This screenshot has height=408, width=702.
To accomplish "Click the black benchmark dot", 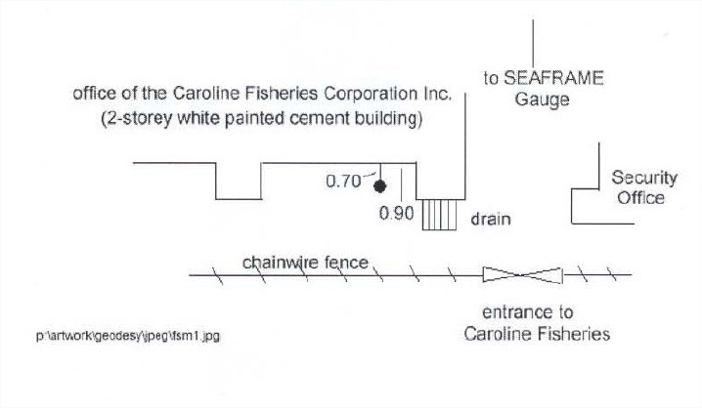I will coord(383,184).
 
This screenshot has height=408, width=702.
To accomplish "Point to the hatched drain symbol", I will coord(440,214).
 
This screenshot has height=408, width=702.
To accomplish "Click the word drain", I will coord(491,219).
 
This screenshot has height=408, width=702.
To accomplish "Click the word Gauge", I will coord(542,100).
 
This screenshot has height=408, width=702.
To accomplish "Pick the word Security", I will coord(644,178).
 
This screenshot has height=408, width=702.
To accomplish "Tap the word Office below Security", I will coord(641,198).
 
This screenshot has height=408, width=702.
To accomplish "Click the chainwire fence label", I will coord(305,263).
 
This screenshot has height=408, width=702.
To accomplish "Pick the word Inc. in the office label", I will coord(438,96).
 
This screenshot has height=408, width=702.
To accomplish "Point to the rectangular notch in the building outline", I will coord(239,182).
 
